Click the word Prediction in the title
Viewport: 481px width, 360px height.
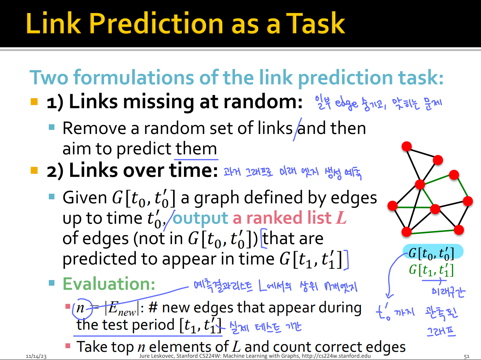click(x=156, y=23)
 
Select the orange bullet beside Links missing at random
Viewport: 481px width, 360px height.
click(x=34, y=102)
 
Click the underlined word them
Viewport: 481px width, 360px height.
click(x=196, y=149)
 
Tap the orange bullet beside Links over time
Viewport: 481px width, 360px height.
click(x=34, y=170)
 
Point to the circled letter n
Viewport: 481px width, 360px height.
click(x=80, y=308)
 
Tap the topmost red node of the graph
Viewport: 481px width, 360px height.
click(x=407, y=146)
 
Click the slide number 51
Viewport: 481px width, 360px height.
click(x=466, y=356)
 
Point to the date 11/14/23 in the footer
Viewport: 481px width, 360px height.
click(x=36, y=356)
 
